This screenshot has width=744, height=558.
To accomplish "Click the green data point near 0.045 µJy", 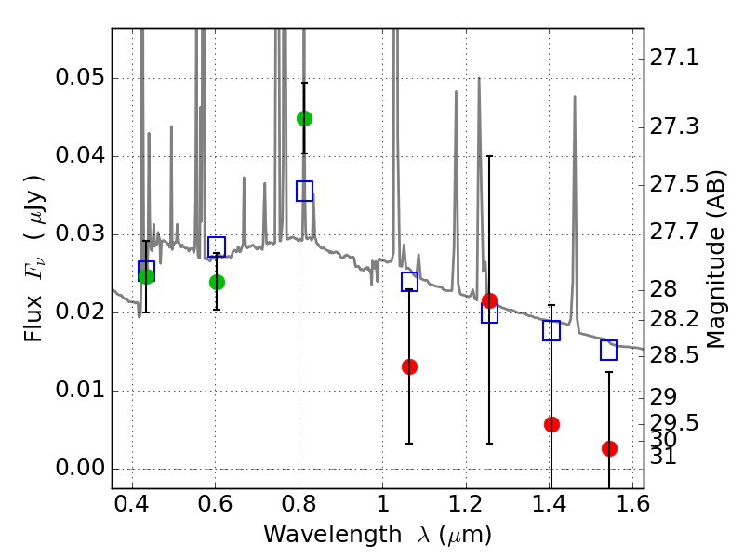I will pos(304,118).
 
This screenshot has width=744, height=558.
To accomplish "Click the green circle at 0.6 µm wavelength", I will pos(217,282).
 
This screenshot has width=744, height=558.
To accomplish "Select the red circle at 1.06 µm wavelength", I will pos(409,366).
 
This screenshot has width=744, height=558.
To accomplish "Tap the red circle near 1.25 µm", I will pos(489,300).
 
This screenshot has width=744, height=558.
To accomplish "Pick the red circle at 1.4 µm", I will pos(551,424).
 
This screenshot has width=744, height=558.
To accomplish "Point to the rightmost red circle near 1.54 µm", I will pos(609,448).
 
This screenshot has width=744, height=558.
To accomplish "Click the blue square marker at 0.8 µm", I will pos(304,191).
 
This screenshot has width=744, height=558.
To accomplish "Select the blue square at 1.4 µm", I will pos(551,330).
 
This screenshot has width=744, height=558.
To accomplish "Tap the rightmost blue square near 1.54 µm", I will pos(609,350).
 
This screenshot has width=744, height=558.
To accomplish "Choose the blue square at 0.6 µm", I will pos(217,247).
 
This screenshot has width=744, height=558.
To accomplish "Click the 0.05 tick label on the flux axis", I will pos(79,77).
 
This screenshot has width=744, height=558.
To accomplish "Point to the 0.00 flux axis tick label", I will pos(79,468).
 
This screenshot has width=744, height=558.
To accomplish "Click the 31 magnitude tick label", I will pos(663,457).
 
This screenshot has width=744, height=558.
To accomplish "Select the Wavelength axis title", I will pos(378,535).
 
